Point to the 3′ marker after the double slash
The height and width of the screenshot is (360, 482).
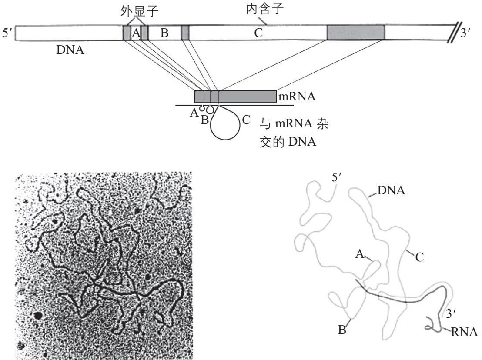click(x=466, y=34)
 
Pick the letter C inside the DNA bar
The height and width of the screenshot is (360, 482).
click(x=259, y=33)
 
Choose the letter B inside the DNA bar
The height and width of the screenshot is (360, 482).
click(x=164, y=33)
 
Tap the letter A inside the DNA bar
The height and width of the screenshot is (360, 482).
click(x=135, y=33)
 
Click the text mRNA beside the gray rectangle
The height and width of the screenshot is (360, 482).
click(x=297, y=96)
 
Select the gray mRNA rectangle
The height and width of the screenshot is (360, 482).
click(x=235, y=96)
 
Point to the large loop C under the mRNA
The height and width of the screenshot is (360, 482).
click(x=226, y=127)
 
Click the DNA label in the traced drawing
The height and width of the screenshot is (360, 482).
click(x=392, y=190)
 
